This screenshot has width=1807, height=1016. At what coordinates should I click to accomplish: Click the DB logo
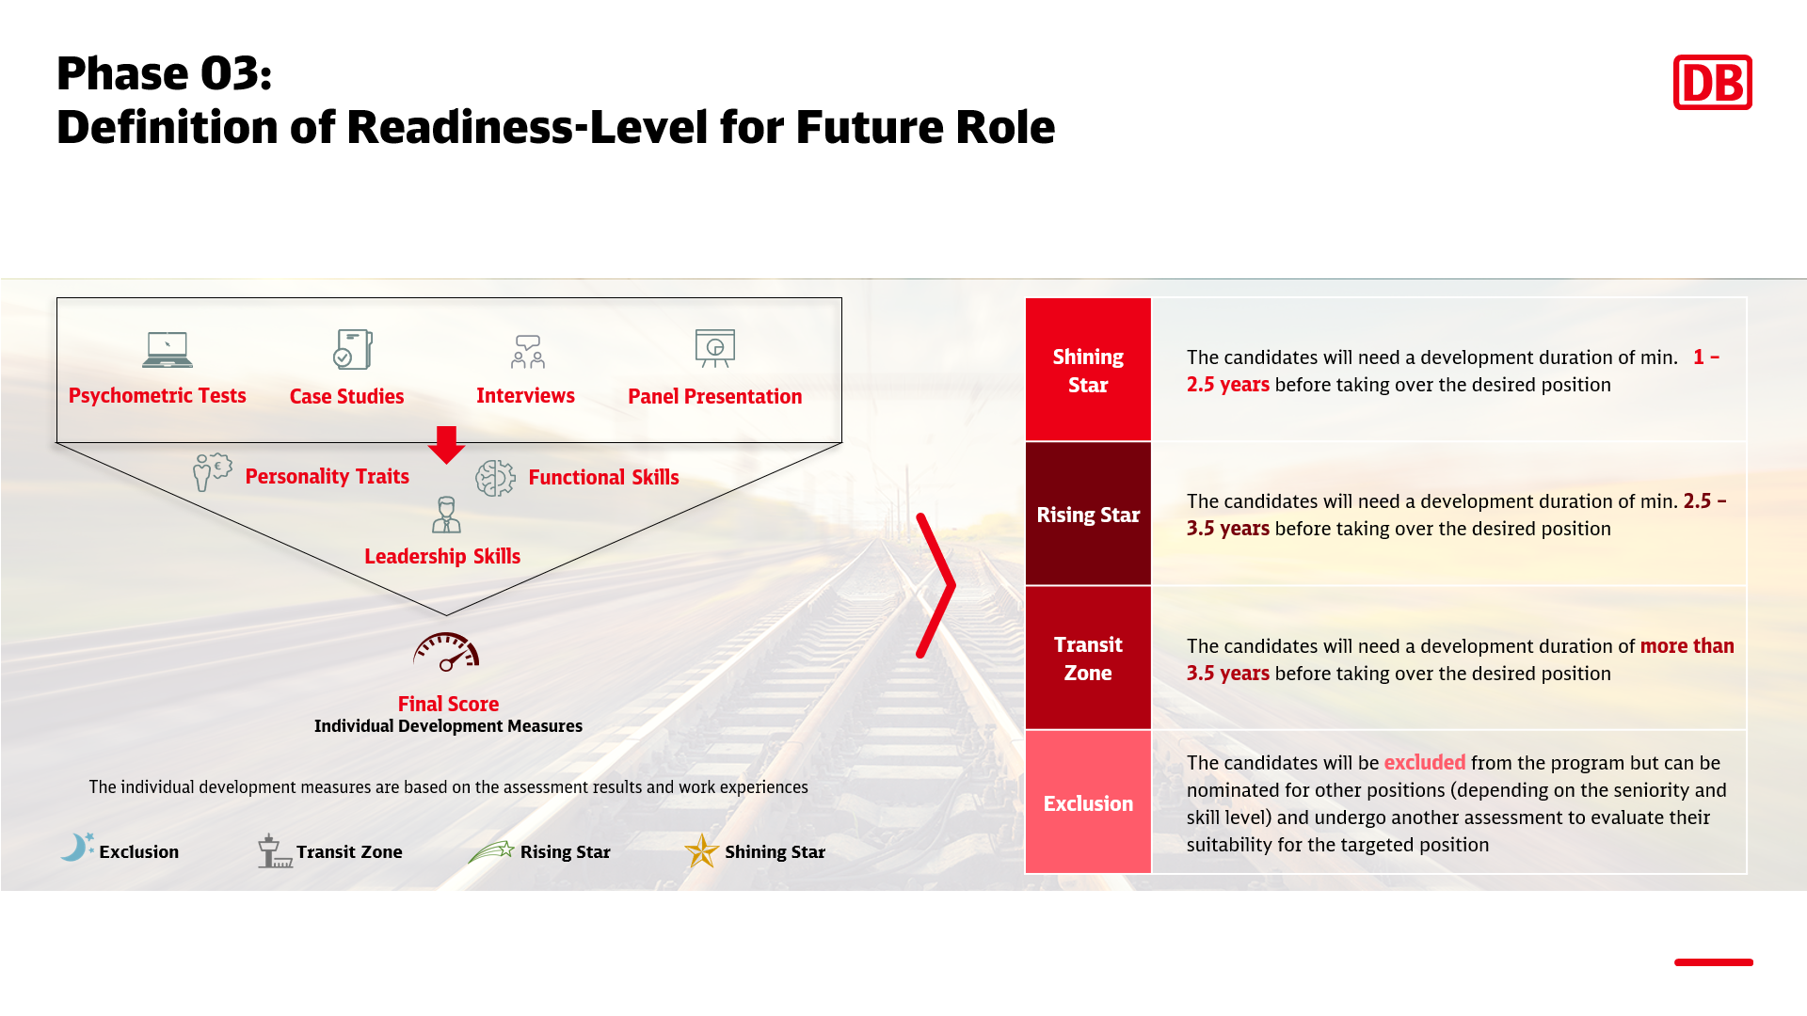pos(1712,82)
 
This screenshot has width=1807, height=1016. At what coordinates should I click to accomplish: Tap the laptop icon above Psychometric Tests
pos(168,349)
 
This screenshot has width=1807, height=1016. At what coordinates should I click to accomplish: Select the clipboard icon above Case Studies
pos(353,349)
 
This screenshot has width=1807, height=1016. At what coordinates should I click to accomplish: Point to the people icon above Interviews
pos(528,351)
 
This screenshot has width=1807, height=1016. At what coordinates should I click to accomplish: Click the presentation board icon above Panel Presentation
pos(715,348)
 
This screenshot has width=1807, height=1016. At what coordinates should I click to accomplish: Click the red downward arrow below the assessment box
pos(446,445)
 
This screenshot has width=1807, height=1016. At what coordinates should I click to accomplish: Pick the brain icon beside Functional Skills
pos(495,478)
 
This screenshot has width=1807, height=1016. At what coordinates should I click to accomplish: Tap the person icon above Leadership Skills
pos(446,515)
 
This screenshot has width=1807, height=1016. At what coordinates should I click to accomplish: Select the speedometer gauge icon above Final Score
pos(446,651)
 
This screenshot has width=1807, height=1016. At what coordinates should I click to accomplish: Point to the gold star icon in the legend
pos(701,850)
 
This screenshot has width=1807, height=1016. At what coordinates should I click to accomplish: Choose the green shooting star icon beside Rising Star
pos(491,851)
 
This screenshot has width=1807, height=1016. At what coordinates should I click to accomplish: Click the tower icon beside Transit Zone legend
pos(274,850)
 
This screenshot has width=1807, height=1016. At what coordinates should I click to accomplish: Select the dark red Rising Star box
pos(1088,514)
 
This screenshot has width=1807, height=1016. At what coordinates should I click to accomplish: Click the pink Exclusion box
pos(1088,802)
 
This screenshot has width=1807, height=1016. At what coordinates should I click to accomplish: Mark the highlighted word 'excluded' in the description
pos(1424,762)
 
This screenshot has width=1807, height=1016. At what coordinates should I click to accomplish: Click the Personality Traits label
pos(327,476)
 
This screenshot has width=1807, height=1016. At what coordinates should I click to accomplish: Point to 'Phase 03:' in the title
pos(165,73)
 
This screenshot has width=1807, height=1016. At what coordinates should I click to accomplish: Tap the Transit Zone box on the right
pos(1088,658)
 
